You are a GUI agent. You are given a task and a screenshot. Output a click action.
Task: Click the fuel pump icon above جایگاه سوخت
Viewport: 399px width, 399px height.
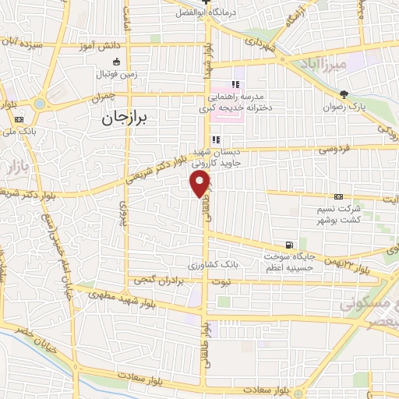point(291,243)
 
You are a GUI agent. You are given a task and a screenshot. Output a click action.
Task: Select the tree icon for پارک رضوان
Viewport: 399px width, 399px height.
point(344,93)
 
